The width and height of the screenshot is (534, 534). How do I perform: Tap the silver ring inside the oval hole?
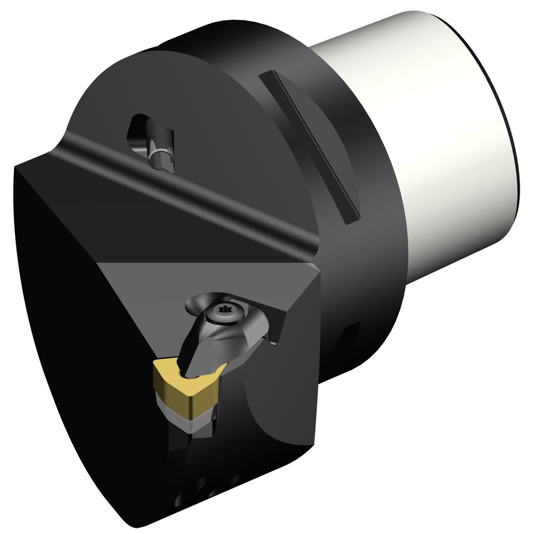(x=160, y=152)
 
